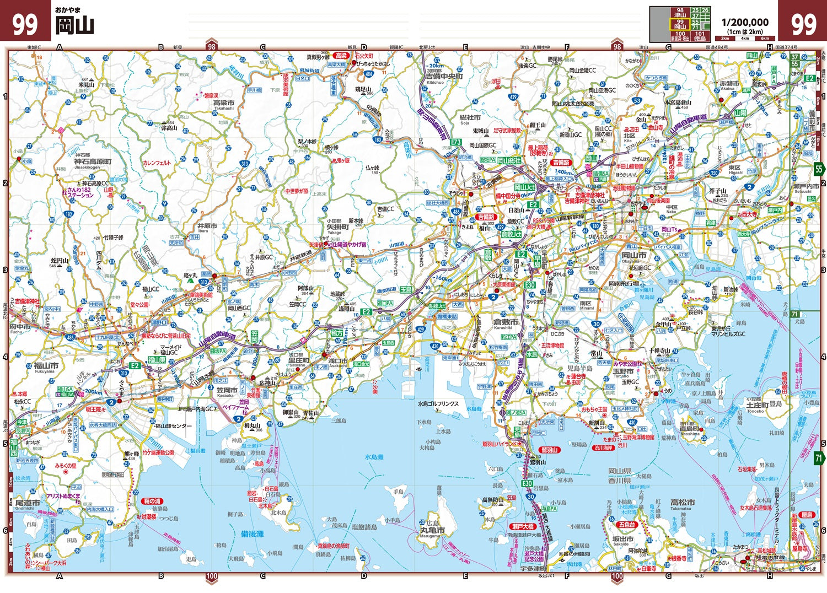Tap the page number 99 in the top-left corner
click(25, 25)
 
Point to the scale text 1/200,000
click(745, 22)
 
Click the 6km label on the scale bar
click(765, 39)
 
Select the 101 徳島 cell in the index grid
click(700, 36)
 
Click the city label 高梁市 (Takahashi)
click(223, 103)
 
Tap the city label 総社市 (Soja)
click(470, 117)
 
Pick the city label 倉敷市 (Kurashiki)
click(506, 322)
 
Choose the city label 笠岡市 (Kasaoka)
click(226, 390)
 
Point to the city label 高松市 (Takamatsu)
click(683, 503)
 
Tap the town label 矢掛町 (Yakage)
click(338, 227)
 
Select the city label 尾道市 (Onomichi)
click(27, 503)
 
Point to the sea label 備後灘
click(252, 534)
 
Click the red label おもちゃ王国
click(594, 409)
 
